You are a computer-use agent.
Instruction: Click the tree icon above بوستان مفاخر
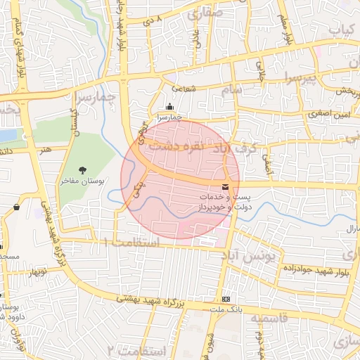83,169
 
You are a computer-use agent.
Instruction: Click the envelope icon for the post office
225,187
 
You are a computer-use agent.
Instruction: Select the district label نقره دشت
179,148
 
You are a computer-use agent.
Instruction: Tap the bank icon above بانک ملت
225,299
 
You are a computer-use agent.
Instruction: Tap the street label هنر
46,149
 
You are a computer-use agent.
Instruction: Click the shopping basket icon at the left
16,207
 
